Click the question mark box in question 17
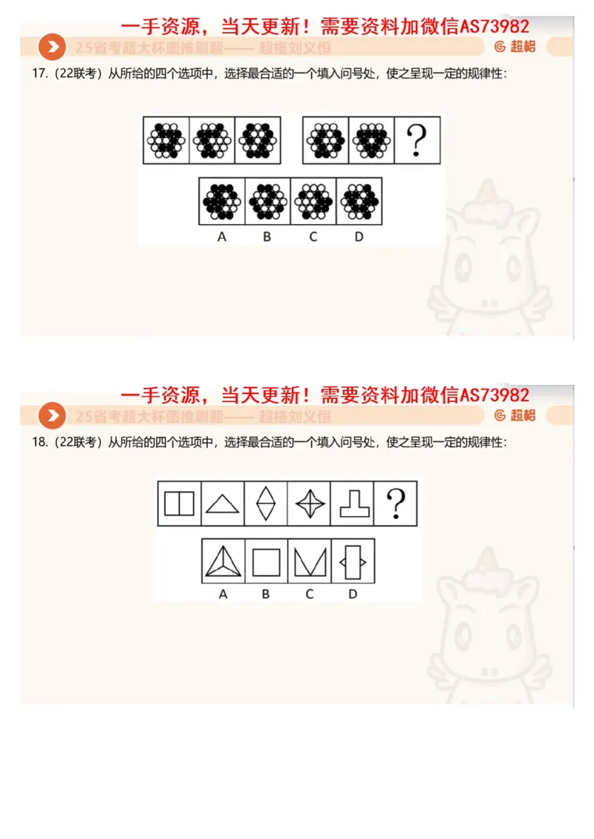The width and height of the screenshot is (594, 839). pos(417,139)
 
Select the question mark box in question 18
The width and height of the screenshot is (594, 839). pos(396,504)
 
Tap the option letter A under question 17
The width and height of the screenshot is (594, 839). pos(221,237)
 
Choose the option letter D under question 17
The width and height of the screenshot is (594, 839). pos(359,237)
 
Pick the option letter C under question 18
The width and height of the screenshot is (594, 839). pos(310,594)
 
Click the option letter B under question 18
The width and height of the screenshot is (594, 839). pos(266,594)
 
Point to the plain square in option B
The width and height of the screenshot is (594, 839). pos(266,561)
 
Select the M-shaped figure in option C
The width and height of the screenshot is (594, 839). pos(310,561)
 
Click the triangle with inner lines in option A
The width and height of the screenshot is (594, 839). pos(223,561)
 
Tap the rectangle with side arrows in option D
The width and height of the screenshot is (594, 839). pos(353,561)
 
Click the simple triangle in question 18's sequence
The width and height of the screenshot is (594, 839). pos(222,504)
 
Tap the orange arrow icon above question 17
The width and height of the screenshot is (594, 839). pos(52,48)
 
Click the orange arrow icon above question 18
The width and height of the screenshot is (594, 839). pos(52,416)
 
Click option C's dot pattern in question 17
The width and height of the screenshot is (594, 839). pos(313,200)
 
